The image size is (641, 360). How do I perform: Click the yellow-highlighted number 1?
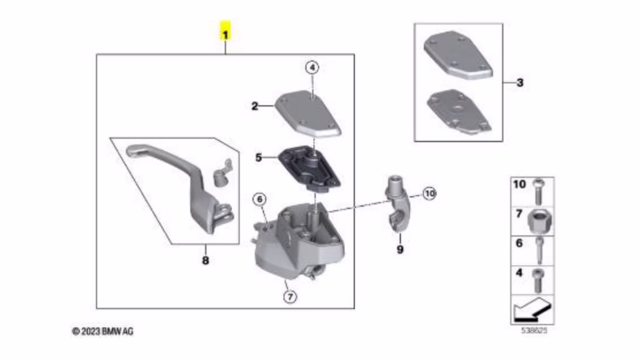(226, 32)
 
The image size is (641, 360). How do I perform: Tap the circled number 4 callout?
(312, 68)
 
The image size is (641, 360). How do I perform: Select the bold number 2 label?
(255, 106)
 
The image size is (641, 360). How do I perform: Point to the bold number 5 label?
(258, 157)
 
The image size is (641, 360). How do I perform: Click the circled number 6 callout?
(259, 199)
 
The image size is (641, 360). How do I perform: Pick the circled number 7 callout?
(290, 297)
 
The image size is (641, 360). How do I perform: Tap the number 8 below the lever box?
(206, 260)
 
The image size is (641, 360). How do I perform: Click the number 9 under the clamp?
(400, 249)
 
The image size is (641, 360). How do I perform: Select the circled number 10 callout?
(429, 193)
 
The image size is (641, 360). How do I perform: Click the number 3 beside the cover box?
(520, 83)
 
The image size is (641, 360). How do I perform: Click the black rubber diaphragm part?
(309, 168)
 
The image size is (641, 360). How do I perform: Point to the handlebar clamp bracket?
(397, 203)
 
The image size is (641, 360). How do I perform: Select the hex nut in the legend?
(540, 221)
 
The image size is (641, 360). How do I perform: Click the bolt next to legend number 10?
(539, 192)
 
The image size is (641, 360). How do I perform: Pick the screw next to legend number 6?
(540, 250)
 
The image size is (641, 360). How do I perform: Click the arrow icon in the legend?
(531, 309)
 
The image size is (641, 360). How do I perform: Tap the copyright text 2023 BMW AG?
(103, 331)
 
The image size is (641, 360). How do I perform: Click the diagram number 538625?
(534, 330)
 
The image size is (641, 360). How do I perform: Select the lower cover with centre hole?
(459, 112)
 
